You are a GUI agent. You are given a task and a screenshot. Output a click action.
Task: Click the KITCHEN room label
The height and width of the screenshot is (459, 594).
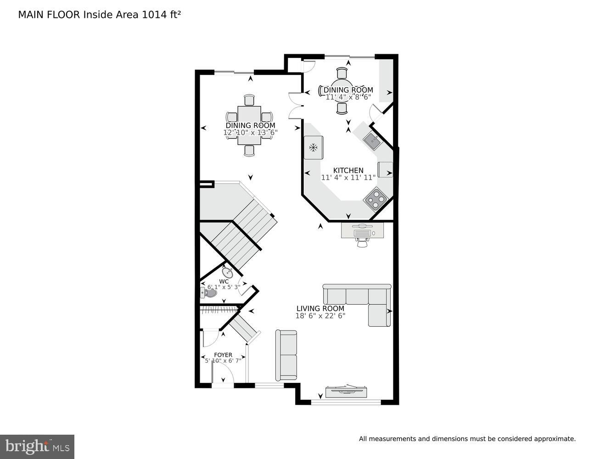(x=348, y=170)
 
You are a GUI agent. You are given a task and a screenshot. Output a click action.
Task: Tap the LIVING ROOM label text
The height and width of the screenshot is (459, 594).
(x=320, y=308)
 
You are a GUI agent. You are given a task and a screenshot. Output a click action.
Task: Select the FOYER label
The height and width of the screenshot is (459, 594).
(x=223, y=355)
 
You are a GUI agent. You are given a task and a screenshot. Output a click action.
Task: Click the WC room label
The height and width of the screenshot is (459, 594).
(x=224, y=281)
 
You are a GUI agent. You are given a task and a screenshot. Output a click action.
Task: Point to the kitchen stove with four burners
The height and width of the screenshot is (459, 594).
(x=375, y=199)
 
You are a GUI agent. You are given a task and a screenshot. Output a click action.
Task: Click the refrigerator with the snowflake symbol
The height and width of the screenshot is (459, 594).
(x=314, y=148)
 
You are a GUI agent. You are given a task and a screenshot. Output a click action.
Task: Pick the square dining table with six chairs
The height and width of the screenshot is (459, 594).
(x=249, y=125)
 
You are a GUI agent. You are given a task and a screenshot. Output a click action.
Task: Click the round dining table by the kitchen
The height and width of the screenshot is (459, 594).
(x=342, y=90)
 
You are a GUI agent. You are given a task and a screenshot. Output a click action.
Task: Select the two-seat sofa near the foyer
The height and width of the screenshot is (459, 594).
(x=286, y=355)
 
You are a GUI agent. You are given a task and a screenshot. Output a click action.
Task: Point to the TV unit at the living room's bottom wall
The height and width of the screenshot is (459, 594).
(x=346, y=392)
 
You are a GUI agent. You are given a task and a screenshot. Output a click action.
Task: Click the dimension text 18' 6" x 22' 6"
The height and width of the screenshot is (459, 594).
(x=320, y=316)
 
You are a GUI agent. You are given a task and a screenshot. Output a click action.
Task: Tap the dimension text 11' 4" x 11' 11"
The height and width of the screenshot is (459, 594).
(x=348, y=178)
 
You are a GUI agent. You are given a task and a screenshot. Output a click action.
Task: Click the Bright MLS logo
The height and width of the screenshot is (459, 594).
(x=37, y=446)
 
